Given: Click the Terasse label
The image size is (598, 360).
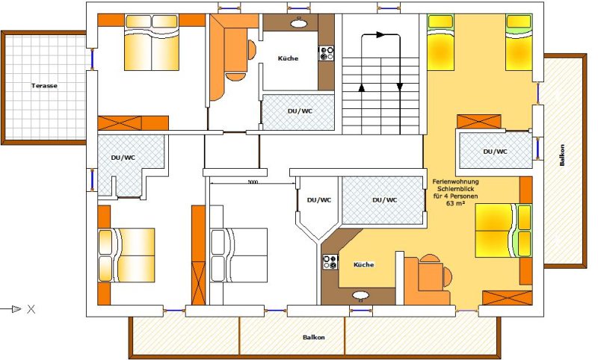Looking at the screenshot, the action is pos(44,86).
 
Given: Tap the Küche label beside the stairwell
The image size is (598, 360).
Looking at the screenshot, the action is pos(288,58).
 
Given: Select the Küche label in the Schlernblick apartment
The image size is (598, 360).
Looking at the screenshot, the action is pos(363,264).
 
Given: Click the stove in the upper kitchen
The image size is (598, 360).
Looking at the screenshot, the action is pos(326,53).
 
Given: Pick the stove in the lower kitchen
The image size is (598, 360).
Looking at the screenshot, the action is pos(330,262).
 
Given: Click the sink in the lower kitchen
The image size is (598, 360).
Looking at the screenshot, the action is pos(360,295).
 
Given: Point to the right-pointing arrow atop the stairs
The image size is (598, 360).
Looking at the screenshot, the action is pos(380,34).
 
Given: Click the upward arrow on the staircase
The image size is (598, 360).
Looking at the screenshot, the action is pos(362,88).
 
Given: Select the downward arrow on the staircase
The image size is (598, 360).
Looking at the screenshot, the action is pos(400,87).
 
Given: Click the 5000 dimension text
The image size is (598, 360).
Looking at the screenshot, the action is pos(253,182).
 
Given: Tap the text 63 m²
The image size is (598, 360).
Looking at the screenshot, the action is pos(455,203).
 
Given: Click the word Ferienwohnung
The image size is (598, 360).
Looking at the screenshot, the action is pos(455,181).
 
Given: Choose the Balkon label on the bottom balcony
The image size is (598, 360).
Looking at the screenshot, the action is pos(314,337).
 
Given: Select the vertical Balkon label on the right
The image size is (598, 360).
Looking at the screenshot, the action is pos(562,155).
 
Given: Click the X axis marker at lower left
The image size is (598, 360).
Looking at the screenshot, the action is pos(31,309).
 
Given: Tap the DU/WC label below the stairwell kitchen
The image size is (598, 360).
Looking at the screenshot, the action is pos(300,111).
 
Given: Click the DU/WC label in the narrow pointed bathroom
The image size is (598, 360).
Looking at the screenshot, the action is pos(319,200).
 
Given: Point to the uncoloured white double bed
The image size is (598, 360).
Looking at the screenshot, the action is pos(238,255).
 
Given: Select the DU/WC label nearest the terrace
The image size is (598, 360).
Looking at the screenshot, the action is pos(123,158).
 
